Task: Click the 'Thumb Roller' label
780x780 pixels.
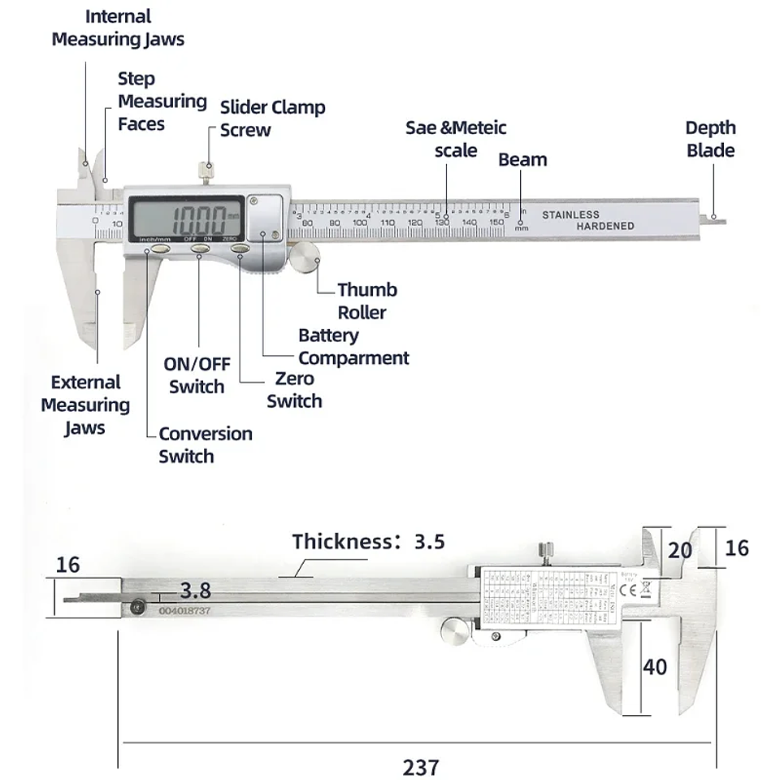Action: [366, 301]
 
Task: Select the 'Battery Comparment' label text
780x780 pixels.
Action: [353, 347]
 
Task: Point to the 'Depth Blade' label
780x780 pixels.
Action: [710, 139]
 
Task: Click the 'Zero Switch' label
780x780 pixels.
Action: [294, 390]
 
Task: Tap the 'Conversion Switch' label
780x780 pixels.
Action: [205, 444]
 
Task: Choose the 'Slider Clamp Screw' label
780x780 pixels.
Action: [272, 119]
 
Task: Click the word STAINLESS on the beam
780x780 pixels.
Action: [570, 214]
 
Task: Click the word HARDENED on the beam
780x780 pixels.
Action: [605, 226]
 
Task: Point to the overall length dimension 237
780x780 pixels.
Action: [421, 766]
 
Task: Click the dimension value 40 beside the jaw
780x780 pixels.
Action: [655, 667]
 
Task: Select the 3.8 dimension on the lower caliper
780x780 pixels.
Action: [196, 590]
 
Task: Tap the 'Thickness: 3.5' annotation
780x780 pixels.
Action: [368, 541]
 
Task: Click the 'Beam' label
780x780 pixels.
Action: [522, 160]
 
